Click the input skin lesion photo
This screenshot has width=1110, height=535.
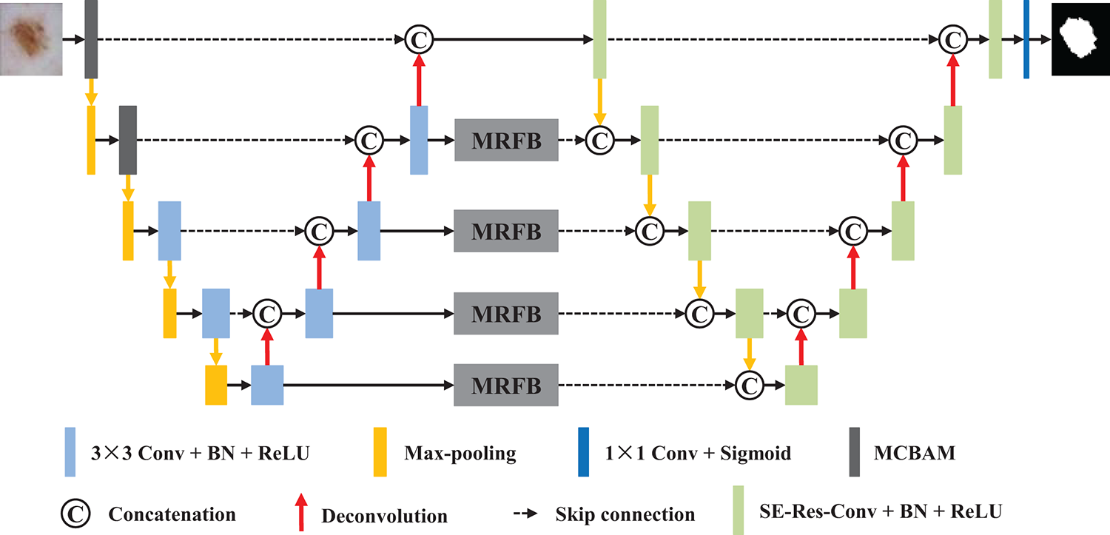point(31,38)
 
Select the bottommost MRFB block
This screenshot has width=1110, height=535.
point(507,385)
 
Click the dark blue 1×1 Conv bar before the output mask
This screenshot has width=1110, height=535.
point(1026,38)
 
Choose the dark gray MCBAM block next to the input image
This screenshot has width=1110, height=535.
point(91,38)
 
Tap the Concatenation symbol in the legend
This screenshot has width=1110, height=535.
point(75,513)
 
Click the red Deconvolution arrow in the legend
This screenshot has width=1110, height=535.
point(303,513)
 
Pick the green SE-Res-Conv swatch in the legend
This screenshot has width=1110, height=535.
point(738,510)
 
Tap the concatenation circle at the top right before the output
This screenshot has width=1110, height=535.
point(953,38)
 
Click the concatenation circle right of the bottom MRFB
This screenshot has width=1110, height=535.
point(750,385)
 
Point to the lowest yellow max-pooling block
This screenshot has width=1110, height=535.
point(216,385)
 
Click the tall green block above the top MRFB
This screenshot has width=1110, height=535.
point(599,38)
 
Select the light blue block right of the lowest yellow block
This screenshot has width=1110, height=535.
point(267,385)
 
